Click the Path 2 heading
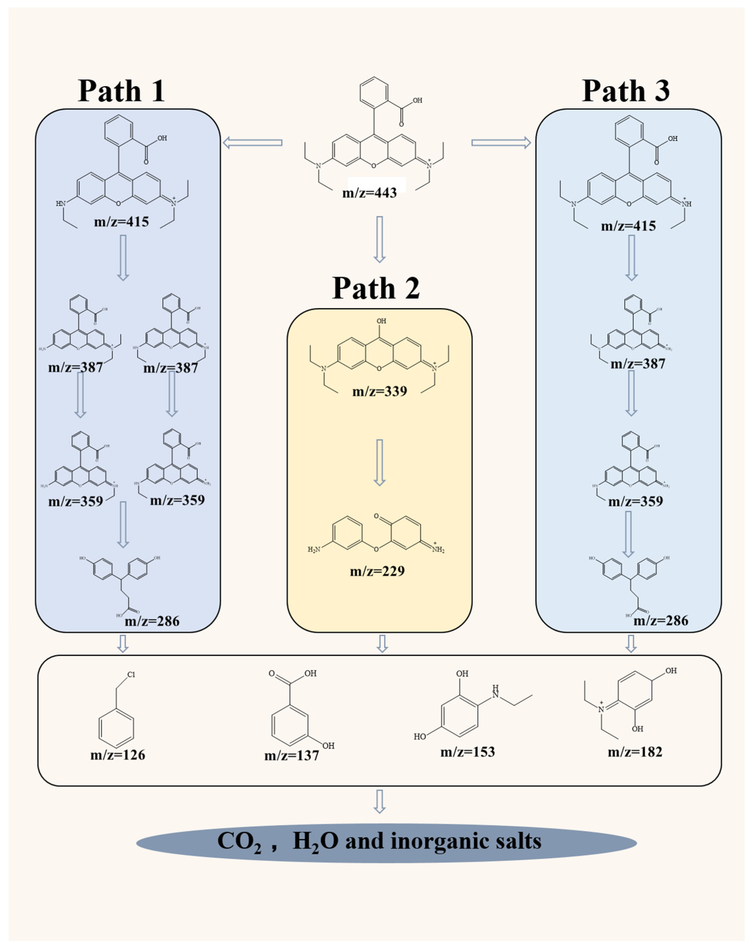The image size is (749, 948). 376,288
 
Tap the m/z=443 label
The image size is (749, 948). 369,192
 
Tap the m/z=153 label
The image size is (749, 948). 468,752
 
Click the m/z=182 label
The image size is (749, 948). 635,752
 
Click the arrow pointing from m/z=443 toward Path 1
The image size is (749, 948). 253,143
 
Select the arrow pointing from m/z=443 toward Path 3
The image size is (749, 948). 501,143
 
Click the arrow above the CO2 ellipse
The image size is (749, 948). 379,802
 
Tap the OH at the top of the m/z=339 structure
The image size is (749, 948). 381,321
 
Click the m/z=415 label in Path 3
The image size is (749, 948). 628,226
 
